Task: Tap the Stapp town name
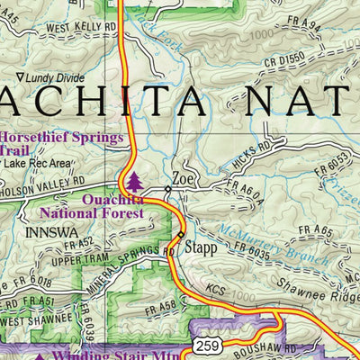pyautogui.click(x=201, y=245)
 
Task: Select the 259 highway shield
pyautogui.click(x=205, y=346)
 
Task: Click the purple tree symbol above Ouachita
pyautogui.click(x=134, y=181)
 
